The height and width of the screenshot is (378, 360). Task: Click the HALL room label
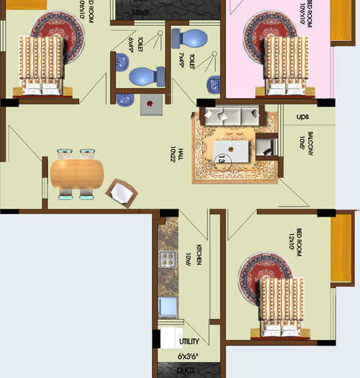click(173, 154)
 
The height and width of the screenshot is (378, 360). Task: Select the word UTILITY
click(188, 341)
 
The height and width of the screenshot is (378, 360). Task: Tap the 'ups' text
click(302, 116)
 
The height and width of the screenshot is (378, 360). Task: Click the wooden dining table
click(76, 174)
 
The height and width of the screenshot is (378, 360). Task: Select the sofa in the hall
click(231, 115)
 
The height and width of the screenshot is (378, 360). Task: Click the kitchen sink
click(168, 306)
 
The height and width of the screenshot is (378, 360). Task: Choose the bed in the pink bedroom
click(285, 65)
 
